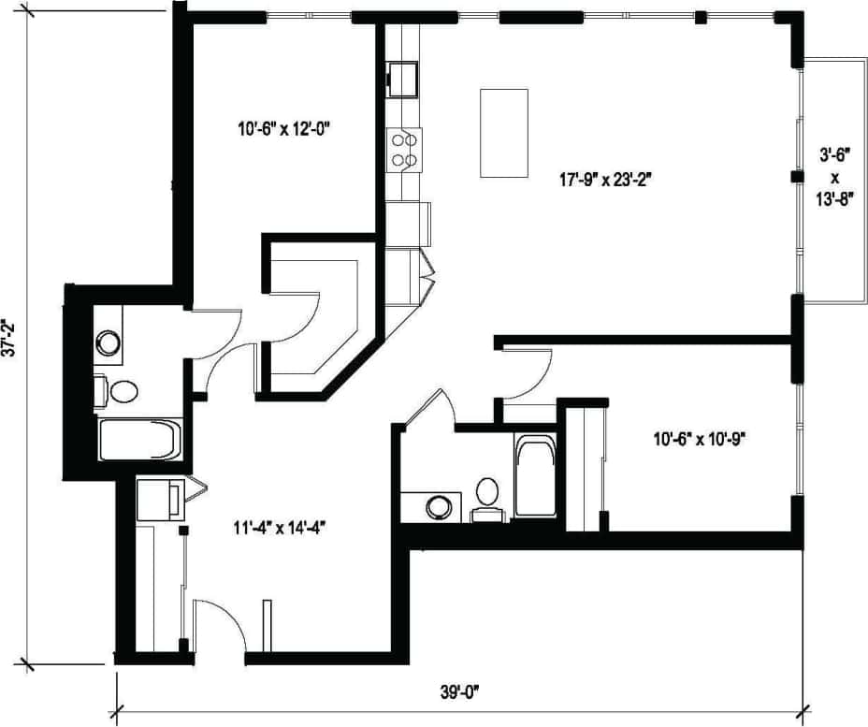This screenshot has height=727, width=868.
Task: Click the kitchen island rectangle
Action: tap(504, 133)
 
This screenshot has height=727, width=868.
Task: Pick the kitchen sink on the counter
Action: tap(404, 79)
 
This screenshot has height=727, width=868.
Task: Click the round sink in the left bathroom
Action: tap(109, 342)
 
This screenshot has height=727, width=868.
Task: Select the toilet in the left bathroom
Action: tap(119, 390)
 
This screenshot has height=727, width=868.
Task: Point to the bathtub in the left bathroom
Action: tap(139, 439)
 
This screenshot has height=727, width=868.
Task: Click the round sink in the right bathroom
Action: tap(438, 507)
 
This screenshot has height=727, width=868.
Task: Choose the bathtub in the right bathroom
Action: tap(535, 475)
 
